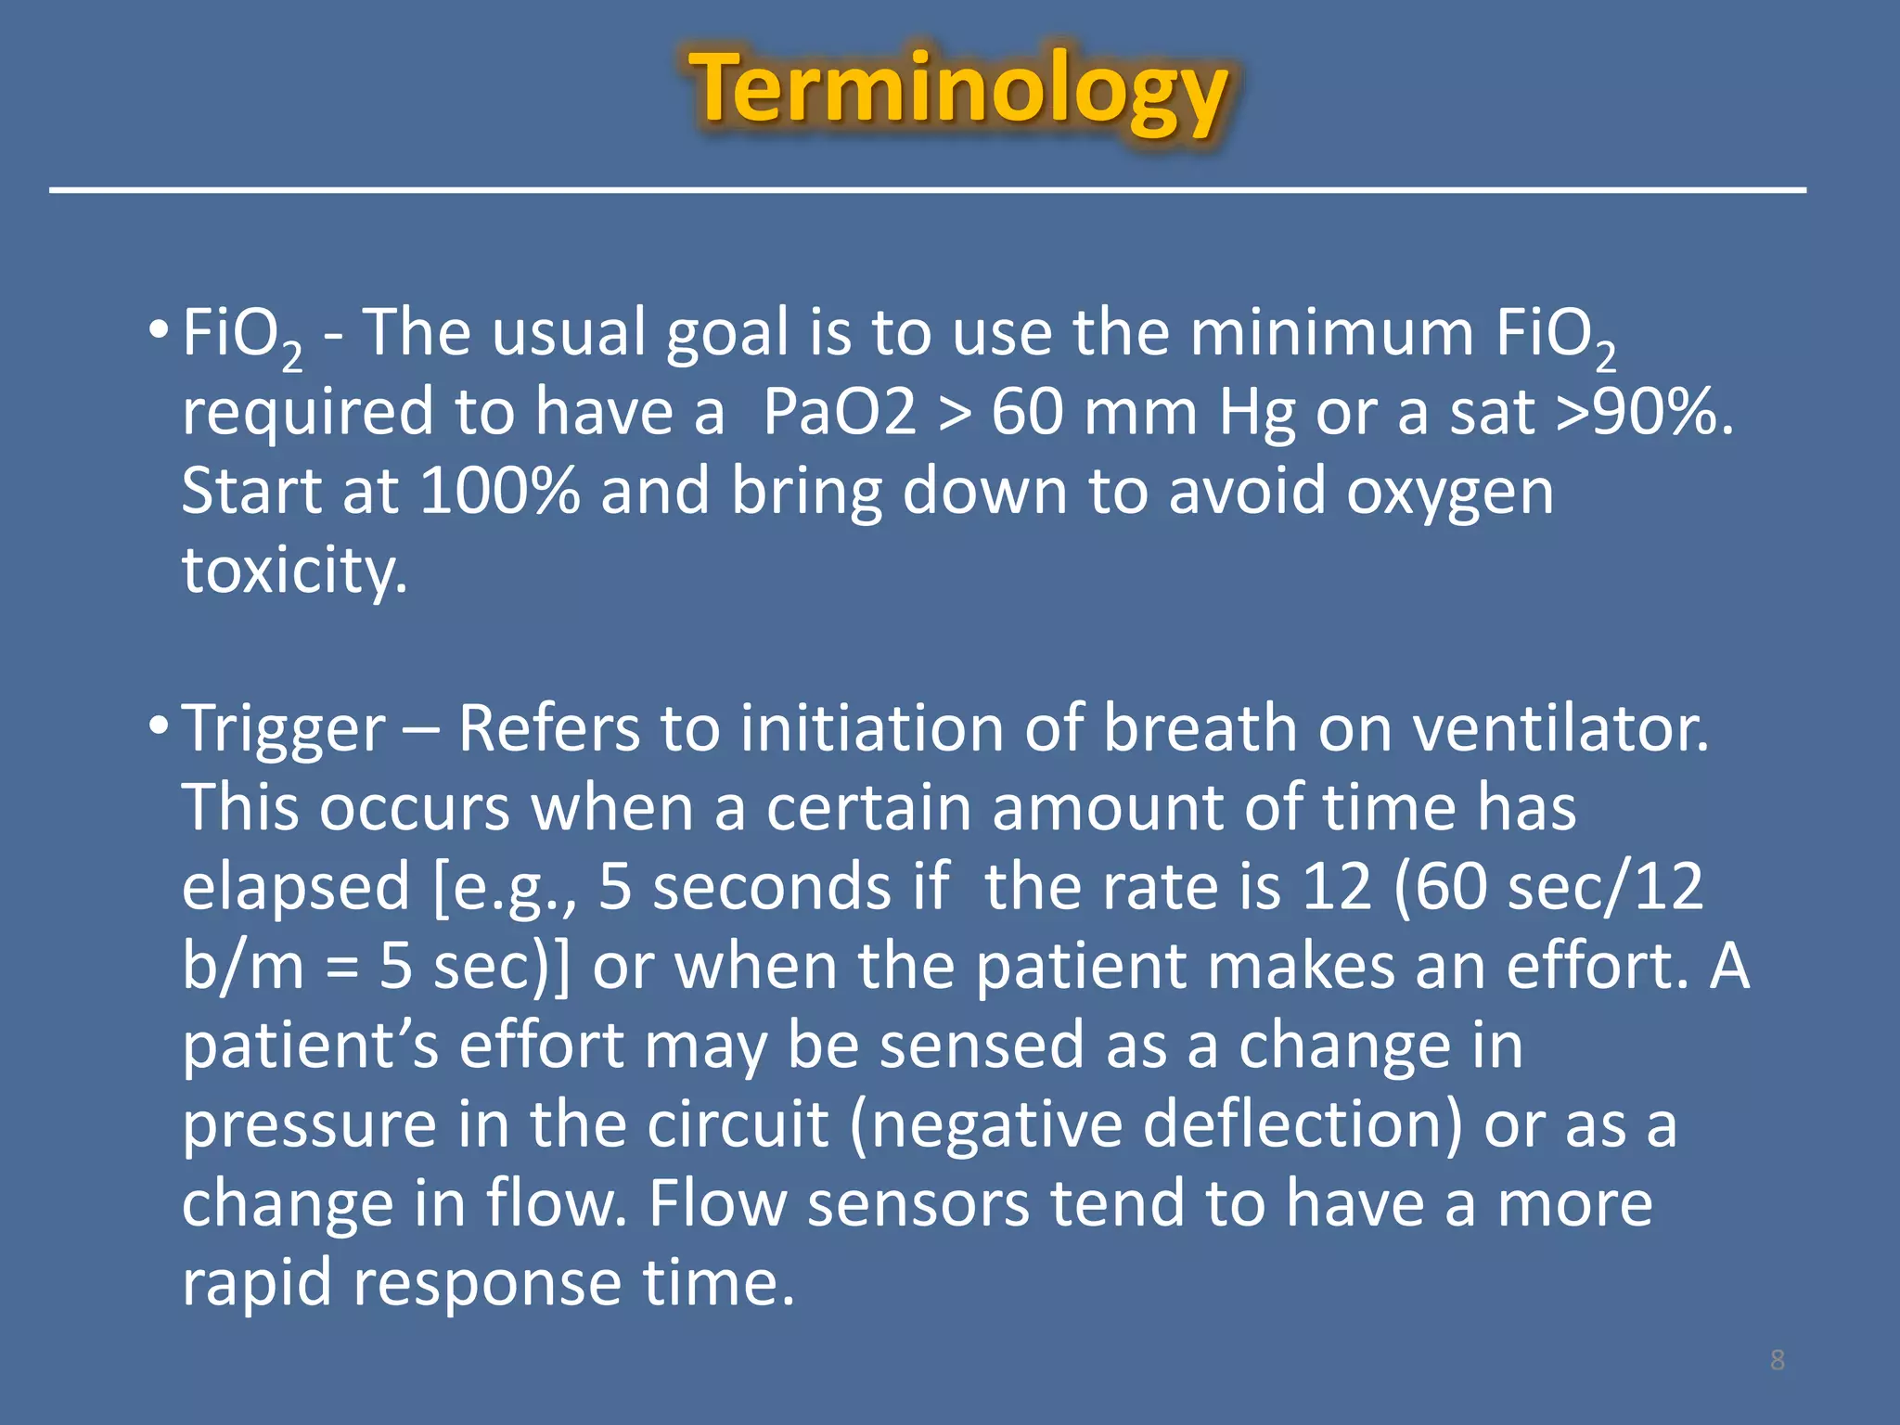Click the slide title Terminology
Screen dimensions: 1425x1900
click(958, 91)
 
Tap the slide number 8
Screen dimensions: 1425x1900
click(1777, 1360)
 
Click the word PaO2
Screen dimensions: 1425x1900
click(840, 413)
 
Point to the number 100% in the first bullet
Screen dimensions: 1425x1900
click(500, 492)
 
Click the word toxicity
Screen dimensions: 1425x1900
click(294, 571)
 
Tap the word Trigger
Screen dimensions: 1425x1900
click(284, 729)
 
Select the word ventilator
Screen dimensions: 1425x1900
click(1560, 729)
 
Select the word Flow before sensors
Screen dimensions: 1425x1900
click(717, 1204)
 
